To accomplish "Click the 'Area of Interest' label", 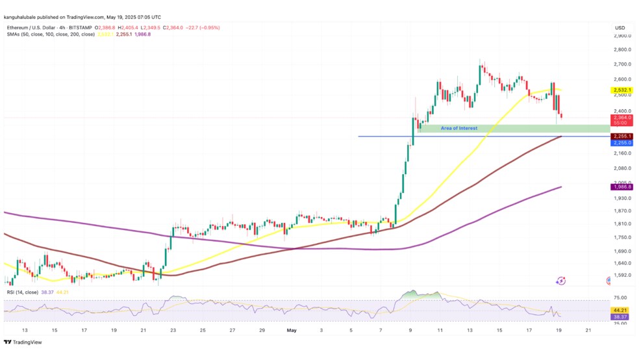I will (x=458, y=128).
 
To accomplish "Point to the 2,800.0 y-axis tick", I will (x=622, y=49).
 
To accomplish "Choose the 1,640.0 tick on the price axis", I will (x=622, y=263).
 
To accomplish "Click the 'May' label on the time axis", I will (x=292, y=331).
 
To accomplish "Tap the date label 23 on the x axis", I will (x=173, y=331).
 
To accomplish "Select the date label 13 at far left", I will (x=25, y=331).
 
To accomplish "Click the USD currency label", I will (x=620, y=27).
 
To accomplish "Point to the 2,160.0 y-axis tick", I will (x=622, y=153).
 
